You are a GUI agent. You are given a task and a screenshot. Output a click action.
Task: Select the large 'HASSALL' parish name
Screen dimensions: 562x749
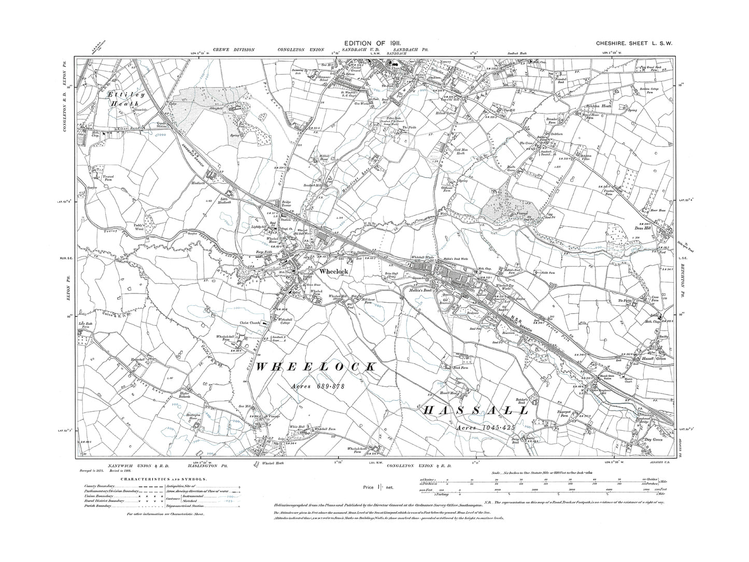(x=476, y=411)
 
